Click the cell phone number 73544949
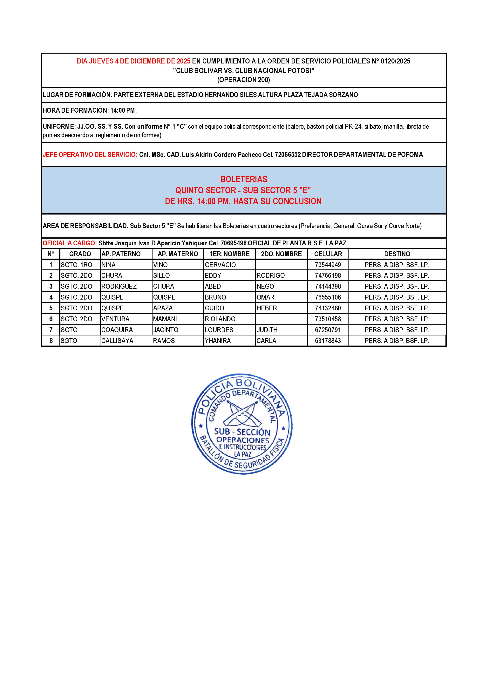point(328,265)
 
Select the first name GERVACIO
point(220,265)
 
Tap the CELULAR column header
point(328,254)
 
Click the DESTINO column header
point(397,254)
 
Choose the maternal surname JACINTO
point(166,330)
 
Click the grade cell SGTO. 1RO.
point(77,265)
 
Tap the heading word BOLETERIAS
point(244,179)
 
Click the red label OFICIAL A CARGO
point(69,243)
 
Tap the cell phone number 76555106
point(328,297)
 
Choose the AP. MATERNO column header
point(178,254)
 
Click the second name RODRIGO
point(270,275)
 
